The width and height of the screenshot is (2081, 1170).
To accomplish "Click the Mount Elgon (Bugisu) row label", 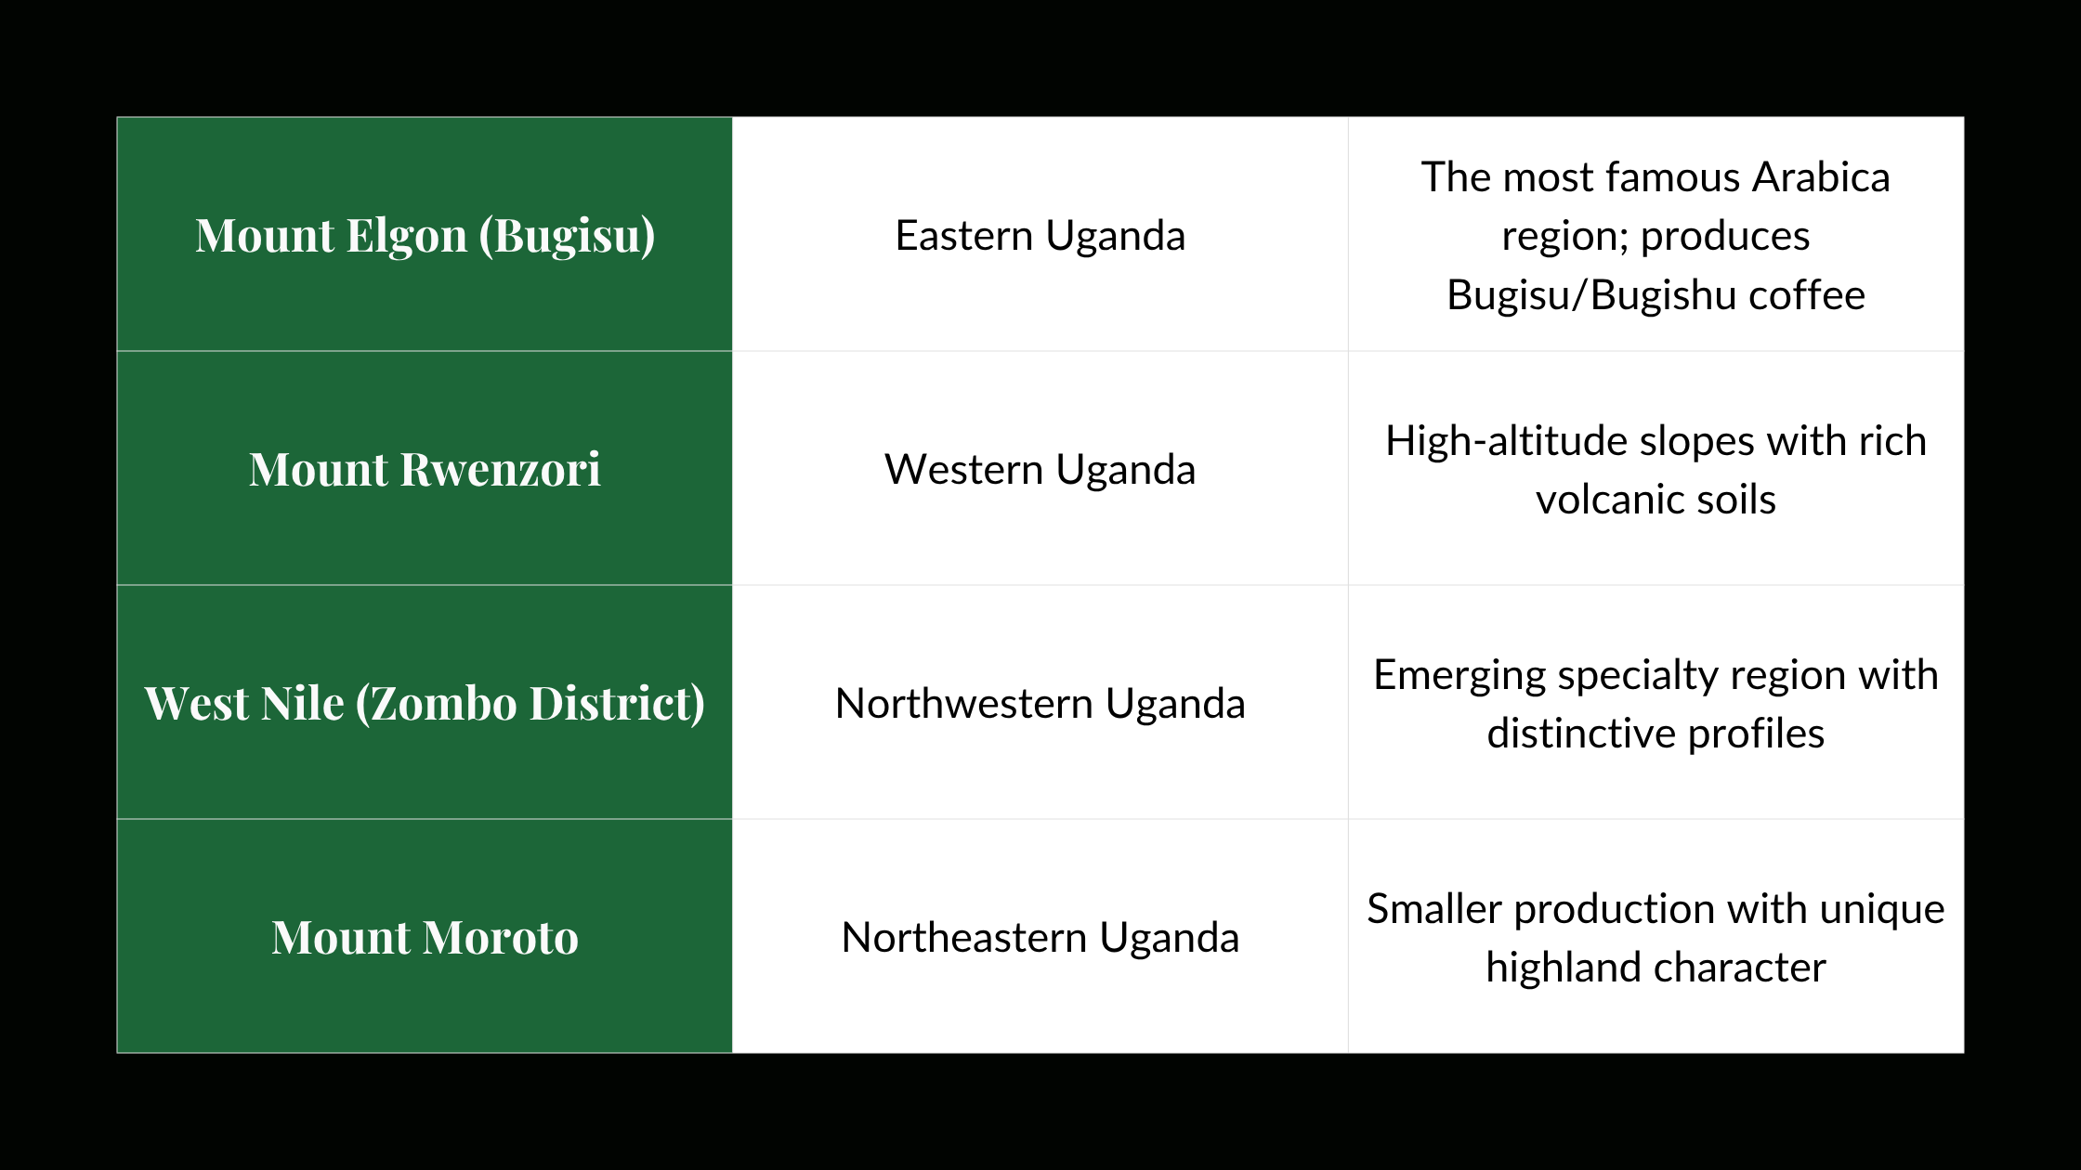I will click(425, 236).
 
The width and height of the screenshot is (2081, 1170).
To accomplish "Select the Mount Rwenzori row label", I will click(425, 470).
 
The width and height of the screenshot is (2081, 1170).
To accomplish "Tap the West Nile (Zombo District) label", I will click(425, 704).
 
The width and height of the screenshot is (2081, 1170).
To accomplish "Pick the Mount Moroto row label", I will click(425, 938).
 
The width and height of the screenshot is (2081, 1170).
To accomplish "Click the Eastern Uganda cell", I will click(1040, 236).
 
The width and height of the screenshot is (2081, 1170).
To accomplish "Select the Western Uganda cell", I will click(1040, 470).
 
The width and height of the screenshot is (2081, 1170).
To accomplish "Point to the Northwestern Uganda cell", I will click(1040, 704).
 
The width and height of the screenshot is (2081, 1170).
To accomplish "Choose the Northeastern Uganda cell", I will click(1040, 938).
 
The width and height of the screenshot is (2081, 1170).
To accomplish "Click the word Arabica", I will click(1821, 177).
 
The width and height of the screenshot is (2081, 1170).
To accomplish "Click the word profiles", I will click(1756, 734).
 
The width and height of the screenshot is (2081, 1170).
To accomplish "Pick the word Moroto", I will click(502, 938).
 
